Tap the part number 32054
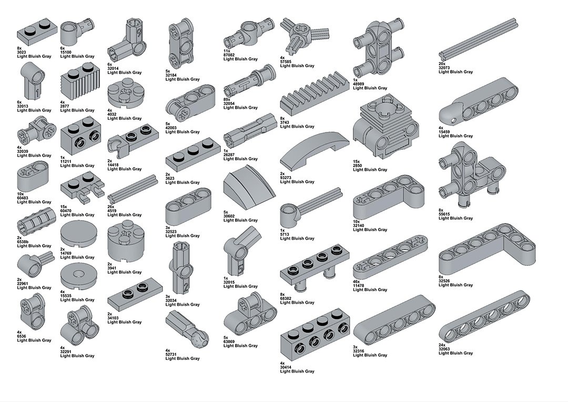pos(229,104)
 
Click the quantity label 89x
pos(227,99)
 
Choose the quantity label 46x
pos(356,282)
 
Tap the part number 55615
pos(444,214)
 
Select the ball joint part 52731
pos(187,329)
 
